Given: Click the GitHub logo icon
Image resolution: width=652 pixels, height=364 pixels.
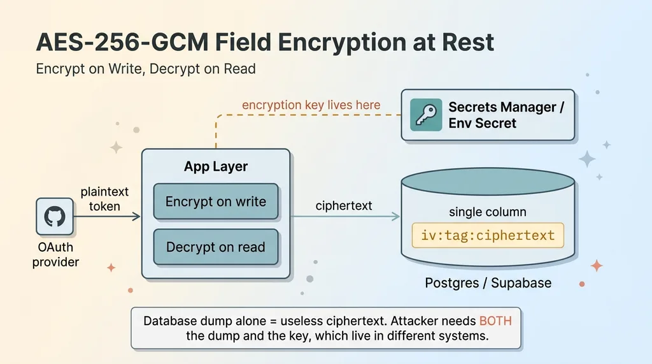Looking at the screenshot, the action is point(55,217).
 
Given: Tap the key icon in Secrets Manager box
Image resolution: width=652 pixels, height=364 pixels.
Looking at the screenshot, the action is point(426,115).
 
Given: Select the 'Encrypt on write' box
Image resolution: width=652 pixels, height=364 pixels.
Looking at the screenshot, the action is point(216,201).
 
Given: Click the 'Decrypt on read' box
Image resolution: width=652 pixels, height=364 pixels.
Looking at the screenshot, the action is point(216,247).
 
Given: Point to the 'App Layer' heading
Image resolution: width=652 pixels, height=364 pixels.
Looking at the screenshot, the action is point(216,166).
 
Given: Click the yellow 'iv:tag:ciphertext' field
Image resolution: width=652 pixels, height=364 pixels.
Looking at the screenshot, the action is point(488,235).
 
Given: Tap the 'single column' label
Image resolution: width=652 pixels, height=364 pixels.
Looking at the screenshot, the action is point(488,212).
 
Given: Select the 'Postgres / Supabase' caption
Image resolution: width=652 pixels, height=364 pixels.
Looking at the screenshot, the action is point(488,283).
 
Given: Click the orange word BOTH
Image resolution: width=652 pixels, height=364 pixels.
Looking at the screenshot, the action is point(495,321).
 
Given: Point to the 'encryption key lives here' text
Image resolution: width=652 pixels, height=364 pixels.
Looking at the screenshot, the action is point(311,105).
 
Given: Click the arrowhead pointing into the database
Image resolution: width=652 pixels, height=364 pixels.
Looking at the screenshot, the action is point(396,217).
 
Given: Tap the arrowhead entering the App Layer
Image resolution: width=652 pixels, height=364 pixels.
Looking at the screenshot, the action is point(136,217).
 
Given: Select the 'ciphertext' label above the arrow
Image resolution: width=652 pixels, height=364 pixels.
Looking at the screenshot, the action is point(344,206).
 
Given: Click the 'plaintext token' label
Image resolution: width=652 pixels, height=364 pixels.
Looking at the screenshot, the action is point(104,199).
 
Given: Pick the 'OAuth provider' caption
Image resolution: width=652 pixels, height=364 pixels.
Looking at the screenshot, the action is point(56,254).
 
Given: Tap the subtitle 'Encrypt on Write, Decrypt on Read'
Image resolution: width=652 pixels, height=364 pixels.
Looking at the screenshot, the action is point(146,69).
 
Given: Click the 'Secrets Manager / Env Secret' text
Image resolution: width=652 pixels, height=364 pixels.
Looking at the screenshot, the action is point(506,115).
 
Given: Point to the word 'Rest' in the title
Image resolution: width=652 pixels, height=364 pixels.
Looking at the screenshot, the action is point(468,43).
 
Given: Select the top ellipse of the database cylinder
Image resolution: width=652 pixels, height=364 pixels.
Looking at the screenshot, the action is point(488,182).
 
